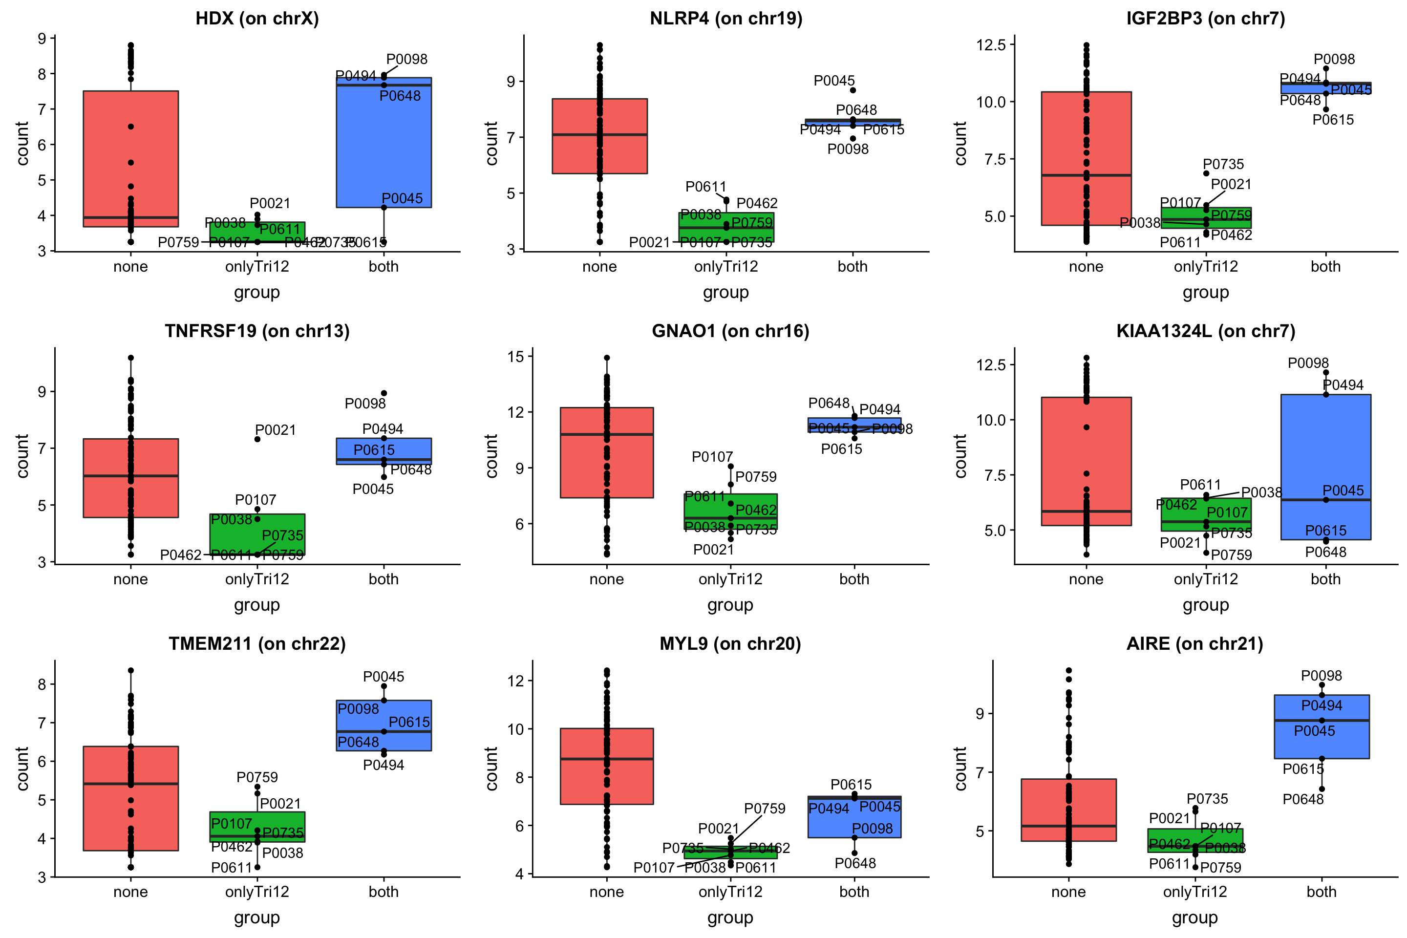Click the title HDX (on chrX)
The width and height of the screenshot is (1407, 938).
[257, 19]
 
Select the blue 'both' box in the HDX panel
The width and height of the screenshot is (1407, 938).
[384, 144]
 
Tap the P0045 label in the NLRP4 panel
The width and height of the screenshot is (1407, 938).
[834, 81]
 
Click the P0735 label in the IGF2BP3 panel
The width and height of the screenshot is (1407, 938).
[1223, 164]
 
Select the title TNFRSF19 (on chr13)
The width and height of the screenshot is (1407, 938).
[257, 331]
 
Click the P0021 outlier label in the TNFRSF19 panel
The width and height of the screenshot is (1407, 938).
[275, 430]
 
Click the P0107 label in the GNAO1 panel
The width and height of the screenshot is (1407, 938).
[712, 457]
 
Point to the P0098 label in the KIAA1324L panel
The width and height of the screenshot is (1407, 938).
[1308, 363]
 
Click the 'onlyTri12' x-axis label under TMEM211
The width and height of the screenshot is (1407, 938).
[257, 892]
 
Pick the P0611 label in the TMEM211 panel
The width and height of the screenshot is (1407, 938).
[232, 868]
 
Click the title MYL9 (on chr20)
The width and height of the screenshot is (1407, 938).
[730, 644]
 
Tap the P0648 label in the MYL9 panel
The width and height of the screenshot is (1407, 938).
[855, 863]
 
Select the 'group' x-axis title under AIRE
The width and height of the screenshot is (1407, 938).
[1194, 917]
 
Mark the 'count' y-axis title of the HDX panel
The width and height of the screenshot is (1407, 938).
[23, 144]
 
